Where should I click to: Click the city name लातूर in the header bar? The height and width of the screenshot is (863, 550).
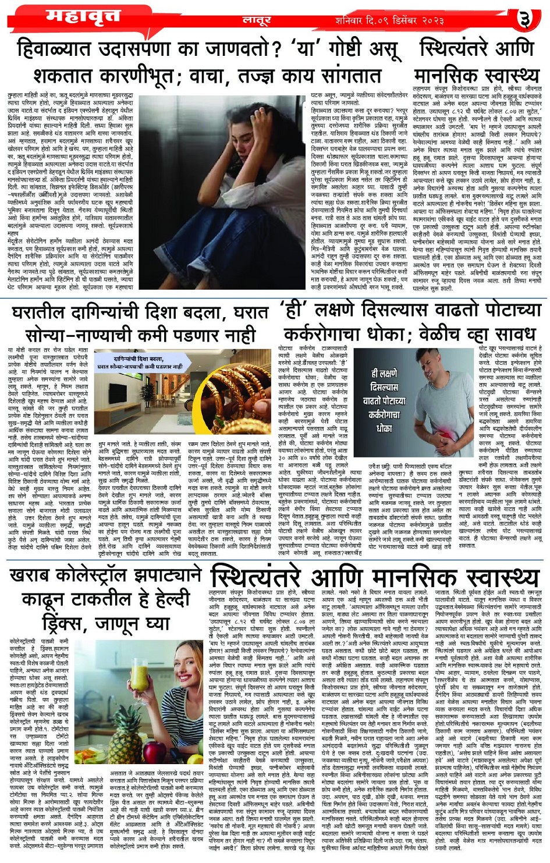click(257, 21)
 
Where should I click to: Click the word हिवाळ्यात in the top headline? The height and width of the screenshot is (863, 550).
click(62, 49)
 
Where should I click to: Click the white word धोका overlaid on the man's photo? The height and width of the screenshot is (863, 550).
click(384, 428)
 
